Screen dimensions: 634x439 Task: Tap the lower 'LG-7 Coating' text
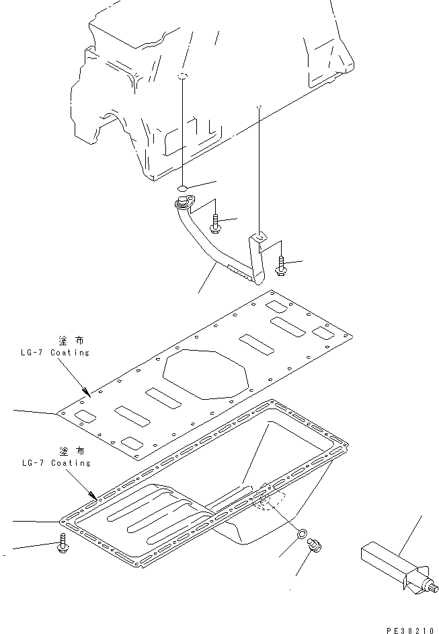(56, 463)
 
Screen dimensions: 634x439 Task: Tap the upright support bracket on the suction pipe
(256, 256)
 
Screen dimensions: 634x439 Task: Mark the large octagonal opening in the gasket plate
(205, 373)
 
